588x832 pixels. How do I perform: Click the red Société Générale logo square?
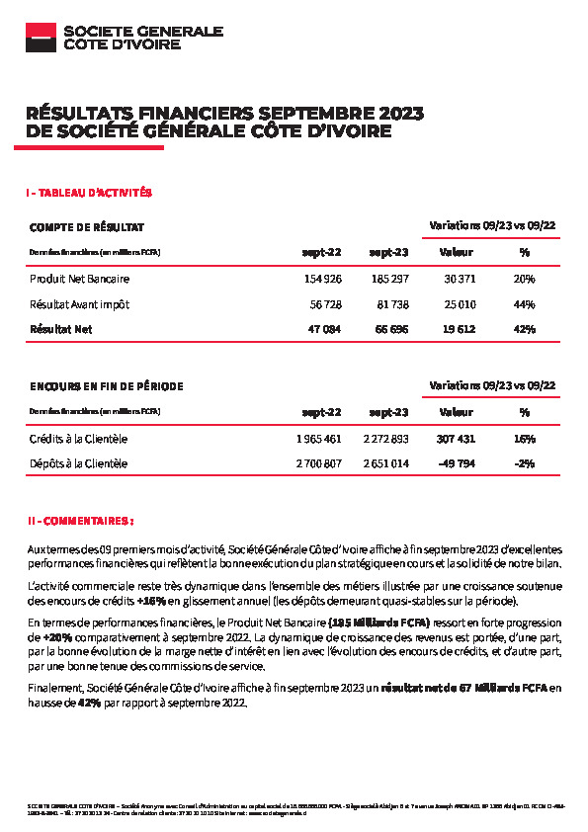pyautogui.click(x=41, y=37)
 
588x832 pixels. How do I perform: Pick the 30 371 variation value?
pyautogui.click(x=461, y=280)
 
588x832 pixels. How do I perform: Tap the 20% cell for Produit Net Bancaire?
pyautogui.click(x=524, y=280)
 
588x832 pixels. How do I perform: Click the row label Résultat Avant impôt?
pyautogui.click(x=79, y=304)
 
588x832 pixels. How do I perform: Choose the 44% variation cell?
pyautogui.click(x=524, y=304)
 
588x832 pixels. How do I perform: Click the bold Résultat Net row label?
pyautogui.click(x=60, y=329)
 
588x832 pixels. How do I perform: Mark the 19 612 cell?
pyautogui.click(x=461, y=329)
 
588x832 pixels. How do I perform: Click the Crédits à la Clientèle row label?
pyautogui.click(x=78, y=439)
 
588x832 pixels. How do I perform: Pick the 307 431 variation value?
pyautogui.click(x=457, y=439)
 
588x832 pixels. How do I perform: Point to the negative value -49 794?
pyautogui.click(x=459, y=463)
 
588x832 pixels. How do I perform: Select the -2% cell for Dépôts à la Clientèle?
pyautogui.click(x=525, y=463)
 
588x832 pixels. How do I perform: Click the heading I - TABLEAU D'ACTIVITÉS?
pyautogui.click(x=89, y=193)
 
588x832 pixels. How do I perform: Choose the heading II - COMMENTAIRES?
pyautogui.click(x=80, y=520)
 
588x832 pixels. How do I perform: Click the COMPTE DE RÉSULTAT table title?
pyautogui.click(x=87, y=226)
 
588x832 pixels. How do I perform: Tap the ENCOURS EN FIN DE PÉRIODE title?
pyautogui.click(x=106, y=385)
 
